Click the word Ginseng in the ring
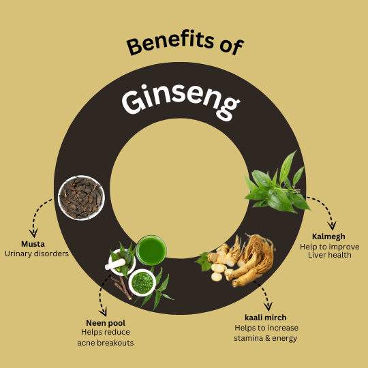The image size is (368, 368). click(x=181, y=101)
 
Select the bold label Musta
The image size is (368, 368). click(x=33, y=244)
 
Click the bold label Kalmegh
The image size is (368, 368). click(x=328, y=236)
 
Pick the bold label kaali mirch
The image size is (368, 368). click(x=266, y=318)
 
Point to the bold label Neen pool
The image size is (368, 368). click(x=106, y=323)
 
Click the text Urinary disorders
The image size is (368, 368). click(x=37, y=254)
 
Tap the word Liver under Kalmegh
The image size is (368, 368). click(x=316, y=255)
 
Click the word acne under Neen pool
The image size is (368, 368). click(x=86, y=343)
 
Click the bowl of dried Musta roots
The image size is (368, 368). click(x=81, y=198)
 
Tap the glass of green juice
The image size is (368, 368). click(x=151, y=250)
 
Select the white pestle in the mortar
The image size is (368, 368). click(x=115, y=264)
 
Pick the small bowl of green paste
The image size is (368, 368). click(x=142, y=283)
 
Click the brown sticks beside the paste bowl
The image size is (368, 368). click(x=122, y=288)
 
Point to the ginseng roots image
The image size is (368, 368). click(x=237, y=260)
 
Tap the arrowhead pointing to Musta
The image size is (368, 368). click(x=33, y=233)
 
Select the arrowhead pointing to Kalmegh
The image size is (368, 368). click(x=332, y=226)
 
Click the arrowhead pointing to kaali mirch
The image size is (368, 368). click(x=268, y=307)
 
